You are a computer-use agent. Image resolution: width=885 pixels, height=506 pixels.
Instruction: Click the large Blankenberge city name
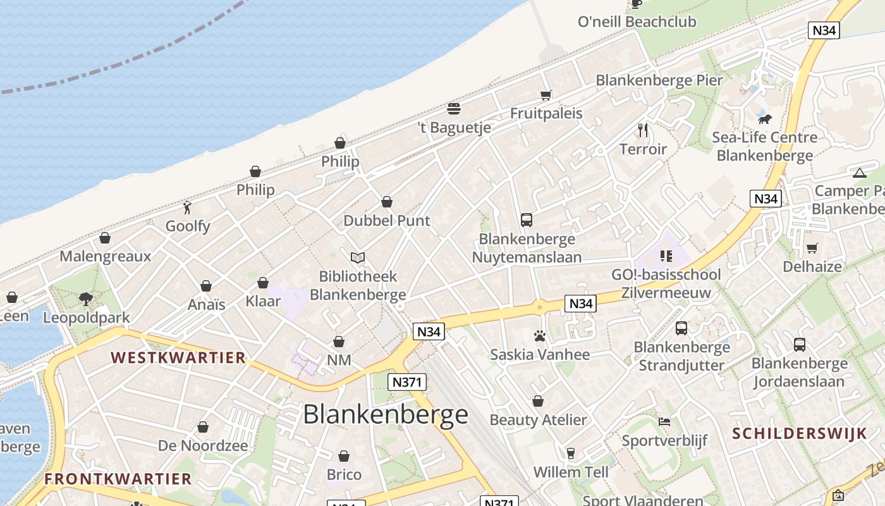pos(386,414)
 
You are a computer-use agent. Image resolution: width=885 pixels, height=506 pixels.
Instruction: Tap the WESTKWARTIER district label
pos(178,357)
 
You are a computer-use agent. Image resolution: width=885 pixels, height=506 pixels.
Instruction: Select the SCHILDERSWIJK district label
pos(799,433)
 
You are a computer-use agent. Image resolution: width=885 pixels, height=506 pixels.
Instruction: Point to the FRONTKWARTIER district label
pos(118,479)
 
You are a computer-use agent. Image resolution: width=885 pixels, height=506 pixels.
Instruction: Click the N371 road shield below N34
pos(407,382)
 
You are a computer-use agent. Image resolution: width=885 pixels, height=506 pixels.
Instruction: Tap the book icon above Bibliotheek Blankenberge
pos(358,257)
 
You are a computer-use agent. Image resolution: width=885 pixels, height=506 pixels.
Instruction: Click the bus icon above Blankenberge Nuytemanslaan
pos(527,220)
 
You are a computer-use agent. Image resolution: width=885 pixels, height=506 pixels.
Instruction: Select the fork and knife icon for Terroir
pos(643,130)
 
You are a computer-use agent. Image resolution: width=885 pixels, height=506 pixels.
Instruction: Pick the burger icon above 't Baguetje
pos(453,109)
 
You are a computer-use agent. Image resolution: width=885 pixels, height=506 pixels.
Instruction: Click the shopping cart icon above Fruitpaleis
pos(546,96)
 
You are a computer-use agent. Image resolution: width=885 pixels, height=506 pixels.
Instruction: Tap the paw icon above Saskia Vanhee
pos(540,336)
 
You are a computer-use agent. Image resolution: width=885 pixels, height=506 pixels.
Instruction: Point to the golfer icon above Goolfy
pos(187,207)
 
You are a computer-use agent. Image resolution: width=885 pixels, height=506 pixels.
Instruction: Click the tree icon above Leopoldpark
pos(86,299)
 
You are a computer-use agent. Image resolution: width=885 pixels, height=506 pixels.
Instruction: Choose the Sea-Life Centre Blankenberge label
pos(764,146)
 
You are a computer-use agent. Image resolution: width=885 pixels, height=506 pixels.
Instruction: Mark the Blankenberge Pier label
pos(659,80)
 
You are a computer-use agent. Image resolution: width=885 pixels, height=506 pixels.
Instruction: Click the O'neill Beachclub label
pos(637,22)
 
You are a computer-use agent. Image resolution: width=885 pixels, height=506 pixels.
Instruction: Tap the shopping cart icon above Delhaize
pos(812,248)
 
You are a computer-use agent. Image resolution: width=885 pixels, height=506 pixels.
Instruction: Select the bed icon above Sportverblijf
pos(664,422)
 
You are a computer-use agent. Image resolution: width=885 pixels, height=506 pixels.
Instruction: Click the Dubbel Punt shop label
pos(386,221)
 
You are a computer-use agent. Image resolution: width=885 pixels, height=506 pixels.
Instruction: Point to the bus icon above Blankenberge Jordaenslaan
pos(800,345)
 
